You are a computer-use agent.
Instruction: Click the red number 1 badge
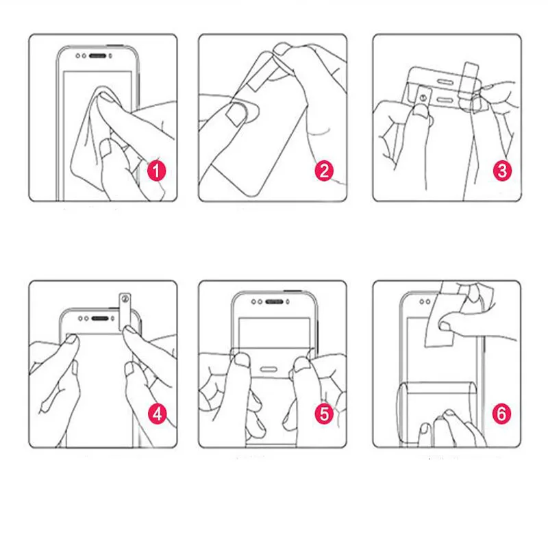pyautogui.click(x=156, y=171)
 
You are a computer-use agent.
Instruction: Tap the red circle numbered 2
pyautogui.click(x=324, y=171)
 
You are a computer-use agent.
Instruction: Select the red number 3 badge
pyautogui.click(x=502, y=171)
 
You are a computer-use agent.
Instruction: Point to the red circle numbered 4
pyautogui.click(x=158, y=414)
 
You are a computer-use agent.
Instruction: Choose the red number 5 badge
pyautogui.click(x=324, y=414)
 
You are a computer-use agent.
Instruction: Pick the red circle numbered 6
pyautogui.click(x=501, y=414)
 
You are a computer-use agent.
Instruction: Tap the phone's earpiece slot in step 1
pyautogui.click(x=97, y=56)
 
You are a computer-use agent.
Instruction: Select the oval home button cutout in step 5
pyautogui.click(x=269, y=369)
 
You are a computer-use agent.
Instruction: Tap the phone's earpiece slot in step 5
pyautogui.click(x=275, y=301)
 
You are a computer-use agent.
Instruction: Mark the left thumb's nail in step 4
pyautogui.click(x=71, y=338)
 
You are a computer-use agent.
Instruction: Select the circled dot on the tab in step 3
pyautogui.click(x=423, y=98)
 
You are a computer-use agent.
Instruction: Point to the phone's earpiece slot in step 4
pyautogui.click(x=100, y=319)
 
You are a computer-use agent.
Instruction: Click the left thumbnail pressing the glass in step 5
pyautogui.click(x=242, y=360)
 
